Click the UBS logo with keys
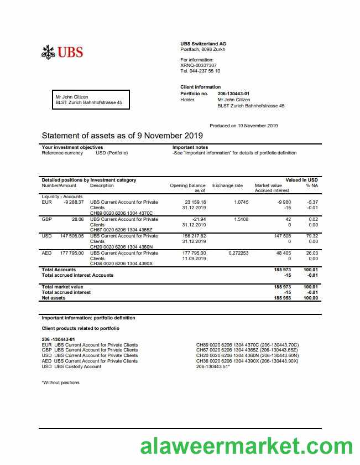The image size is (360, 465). click(62, 52)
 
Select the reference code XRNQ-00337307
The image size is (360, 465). click(199, 65)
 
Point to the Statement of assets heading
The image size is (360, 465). click(122, 136)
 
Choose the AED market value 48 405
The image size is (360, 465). click(283, 253)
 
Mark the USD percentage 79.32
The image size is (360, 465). click(312, 236)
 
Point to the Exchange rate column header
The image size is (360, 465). click(227, 185)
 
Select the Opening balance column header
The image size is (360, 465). click(187, 185)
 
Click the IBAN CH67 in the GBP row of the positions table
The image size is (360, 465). click(121, 230)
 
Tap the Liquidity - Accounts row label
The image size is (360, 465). click(62, 197)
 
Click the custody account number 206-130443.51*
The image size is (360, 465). click(213, 366)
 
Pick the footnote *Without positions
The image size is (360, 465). click(60, 383)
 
